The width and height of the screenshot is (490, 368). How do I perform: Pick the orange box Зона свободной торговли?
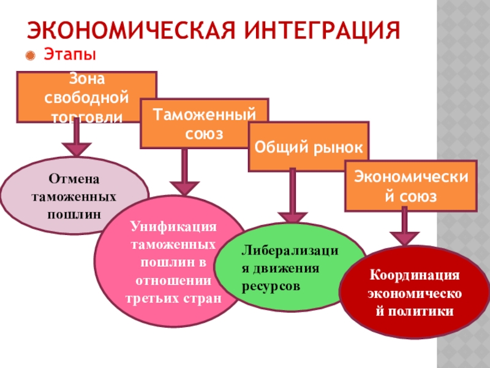click(x=86, y=96)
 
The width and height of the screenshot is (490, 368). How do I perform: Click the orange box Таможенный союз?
click(x=204, y=123)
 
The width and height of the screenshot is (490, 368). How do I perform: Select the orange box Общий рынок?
click(x=309, y=147)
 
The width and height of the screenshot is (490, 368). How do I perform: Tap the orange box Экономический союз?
click(x=410, y=186)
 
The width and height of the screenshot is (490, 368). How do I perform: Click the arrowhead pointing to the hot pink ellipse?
click(x=184, y=188)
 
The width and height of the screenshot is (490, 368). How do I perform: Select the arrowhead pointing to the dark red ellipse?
click(x=405, y=237)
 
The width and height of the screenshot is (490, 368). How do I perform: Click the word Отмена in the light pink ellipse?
click(x=73, y=179)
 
